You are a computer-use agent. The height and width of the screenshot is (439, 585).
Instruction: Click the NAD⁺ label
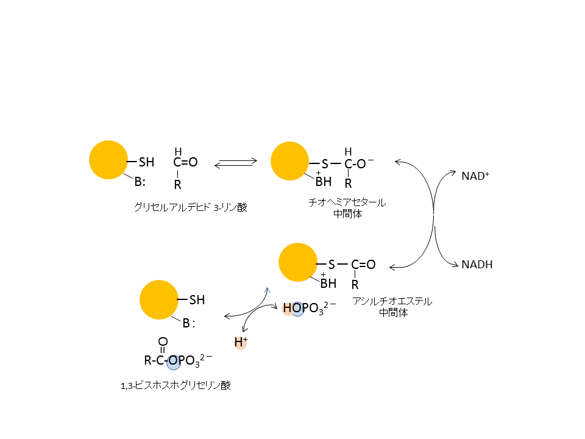[475, 176]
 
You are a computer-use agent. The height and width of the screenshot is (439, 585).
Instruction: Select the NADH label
[477, 265]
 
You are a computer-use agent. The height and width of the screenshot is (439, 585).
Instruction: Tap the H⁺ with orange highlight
[241, 343]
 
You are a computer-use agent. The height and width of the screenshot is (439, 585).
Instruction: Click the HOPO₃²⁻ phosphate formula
[308, 309]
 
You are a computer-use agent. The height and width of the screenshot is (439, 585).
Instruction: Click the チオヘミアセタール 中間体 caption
[348, 208]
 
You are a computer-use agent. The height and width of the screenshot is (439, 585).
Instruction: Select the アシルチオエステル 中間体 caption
[392, 307]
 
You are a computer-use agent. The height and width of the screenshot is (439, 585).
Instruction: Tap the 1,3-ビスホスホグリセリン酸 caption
[176, 385]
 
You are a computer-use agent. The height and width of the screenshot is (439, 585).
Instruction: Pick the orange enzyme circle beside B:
[108, 160]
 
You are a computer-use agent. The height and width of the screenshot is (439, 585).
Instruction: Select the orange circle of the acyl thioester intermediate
[298, 262]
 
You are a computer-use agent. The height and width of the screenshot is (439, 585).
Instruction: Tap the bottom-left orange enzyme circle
[159, 299]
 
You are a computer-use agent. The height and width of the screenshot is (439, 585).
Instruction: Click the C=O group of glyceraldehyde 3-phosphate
[185, 163]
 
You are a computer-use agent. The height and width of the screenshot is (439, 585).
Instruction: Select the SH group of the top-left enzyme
[147, 162]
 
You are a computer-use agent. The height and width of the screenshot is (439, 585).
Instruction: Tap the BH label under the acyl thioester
[328, 284]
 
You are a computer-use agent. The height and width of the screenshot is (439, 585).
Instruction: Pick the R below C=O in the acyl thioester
[355, 285]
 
